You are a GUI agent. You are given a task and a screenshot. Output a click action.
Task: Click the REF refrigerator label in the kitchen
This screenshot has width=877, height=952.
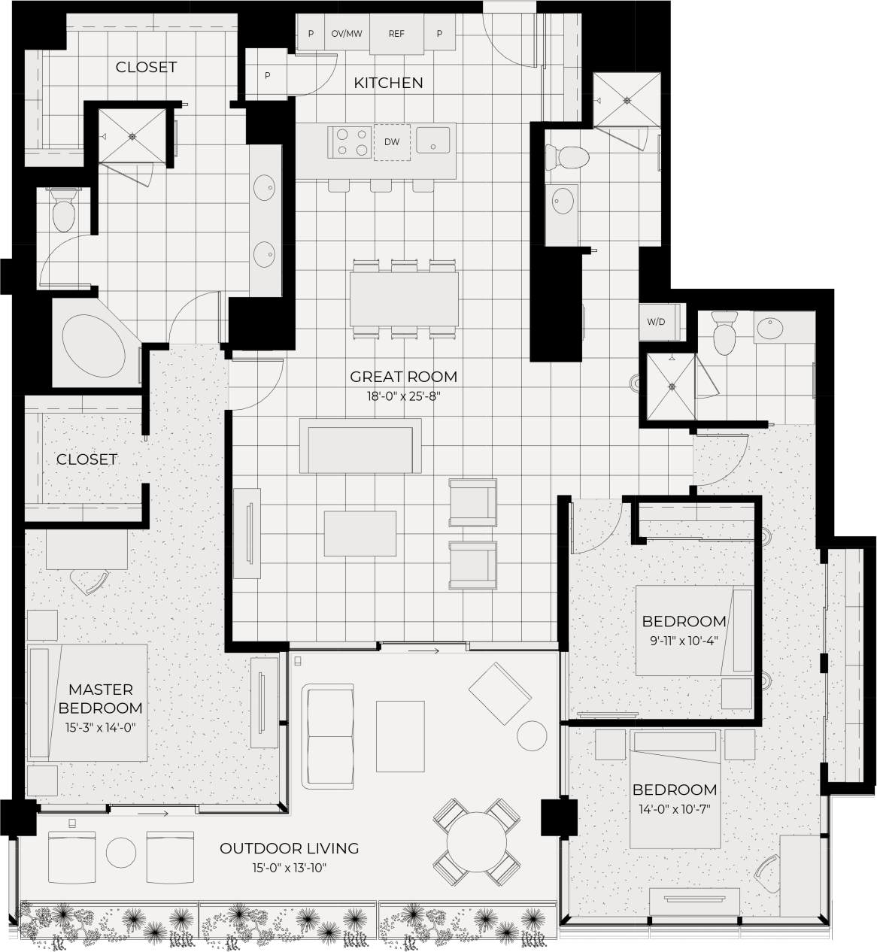(396, 34)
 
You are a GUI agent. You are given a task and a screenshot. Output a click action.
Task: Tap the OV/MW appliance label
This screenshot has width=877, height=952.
(347, 34)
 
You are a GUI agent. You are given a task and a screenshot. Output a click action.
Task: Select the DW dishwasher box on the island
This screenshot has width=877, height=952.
(392, 141)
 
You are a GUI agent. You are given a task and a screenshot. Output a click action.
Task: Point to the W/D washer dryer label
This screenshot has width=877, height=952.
(657, 322)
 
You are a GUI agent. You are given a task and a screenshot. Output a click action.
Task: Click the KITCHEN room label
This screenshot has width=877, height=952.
(388, 83)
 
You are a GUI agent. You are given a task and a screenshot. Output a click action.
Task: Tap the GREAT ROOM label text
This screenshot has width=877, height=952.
(403, 377)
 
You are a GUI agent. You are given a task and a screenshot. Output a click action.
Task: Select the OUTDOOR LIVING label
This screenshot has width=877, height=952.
(289, 848)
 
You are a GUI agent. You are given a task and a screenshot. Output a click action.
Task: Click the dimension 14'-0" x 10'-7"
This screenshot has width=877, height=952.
(674, 808)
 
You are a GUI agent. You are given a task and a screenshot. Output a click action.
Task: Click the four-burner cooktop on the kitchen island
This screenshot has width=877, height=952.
(351, 142)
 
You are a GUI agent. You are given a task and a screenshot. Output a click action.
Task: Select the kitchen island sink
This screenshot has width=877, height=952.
(432, 139)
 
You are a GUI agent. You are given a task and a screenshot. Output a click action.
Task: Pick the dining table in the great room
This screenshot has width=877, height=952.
(404, 299)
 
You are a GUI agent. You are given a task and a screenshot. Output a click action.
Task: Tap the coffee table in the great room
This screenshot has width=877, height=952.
(360, 533)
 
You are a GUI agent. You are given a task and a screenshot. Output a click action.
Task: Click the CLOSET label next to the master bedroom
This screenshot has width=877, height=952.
(86, 459)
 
